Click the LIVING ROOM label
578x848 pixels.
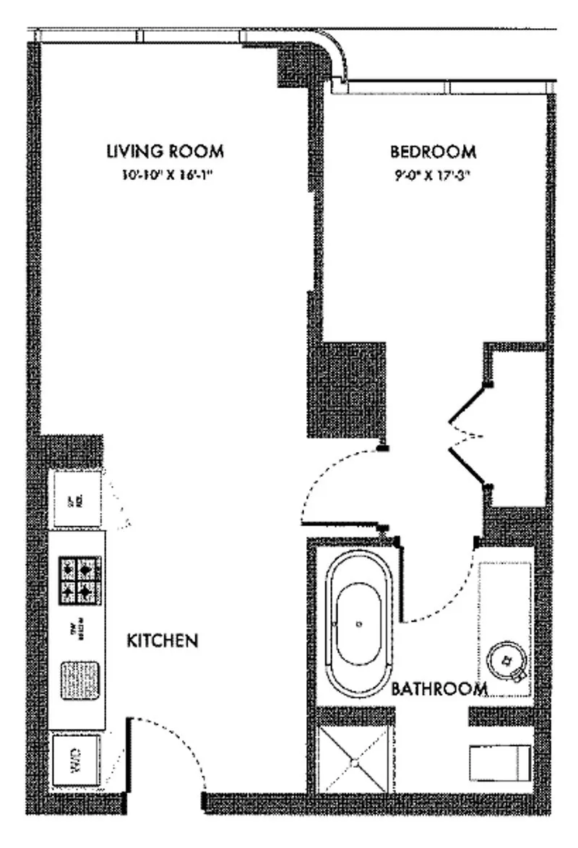tap(165, 152)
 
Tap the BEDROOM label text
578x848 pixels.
tap(433, 152)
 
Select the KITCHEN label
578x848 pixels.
tap(163, 641)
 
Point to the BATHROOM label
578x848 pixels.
tap(439, 688)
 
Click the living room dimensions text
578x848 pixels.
tap(165, 174)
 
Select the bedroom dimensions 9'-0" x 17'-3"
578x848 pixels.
tap(433, 174)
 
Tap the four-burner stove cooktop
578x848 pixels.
tap(79, 580)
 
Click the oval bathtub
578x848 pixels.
tap(359, 623)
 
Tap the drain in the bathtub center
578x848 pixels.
tap(359, 623)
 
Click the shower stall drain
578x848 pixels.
tap(355, 761)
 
